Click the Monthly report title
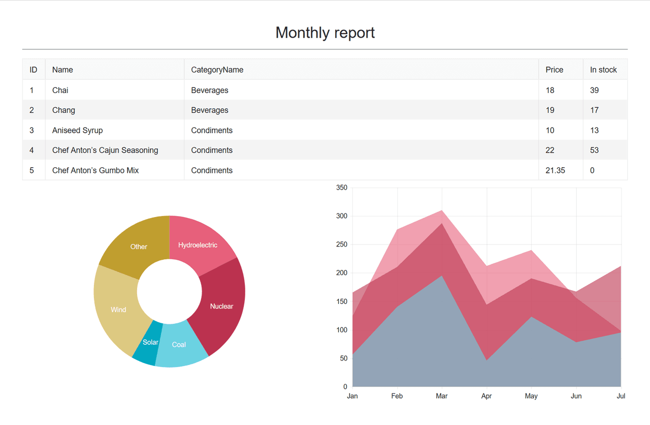point(325,33)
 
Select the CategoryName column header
point(217,70)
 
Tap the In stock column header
point(603,70)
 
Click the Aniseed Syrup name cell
point(78,130)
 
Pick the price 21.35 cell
point(555,170)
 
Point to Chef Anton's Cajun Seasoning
point(105,150)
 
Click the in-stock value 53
point(594,150)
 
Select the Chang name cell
point(63,110)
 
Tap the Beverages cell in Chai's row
point(210,90)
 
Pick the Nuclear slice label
point(221,306)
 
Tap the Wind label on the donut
point(118,310)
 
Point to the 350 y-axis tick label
point(342,188)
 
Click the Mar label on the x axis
point(442,396)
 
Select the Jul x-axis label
point(621,396)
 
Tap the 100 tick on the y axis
point(342,330)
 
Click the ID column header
point(34,70)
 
